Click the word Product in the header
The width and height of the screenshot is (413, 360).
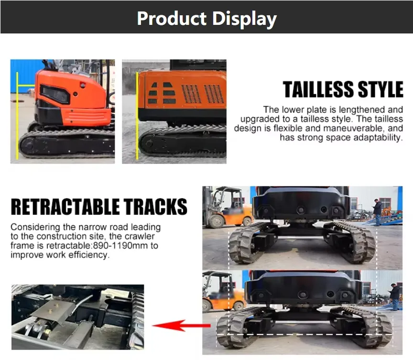[172, 19]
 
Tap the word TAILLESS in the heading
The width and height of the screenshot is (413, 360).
[318, 89]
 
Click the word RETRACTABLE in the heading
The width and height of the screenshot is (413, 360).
[65, 207]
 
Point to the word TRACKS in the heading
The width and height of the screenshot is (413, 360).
[155, 207]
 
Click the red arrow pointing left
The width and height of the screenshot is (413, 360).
[182, 326]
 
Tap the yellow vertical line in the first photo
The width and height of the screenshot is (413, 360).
[17, 116]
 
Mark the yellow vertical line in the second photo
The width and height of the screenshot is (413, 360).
[137, 116]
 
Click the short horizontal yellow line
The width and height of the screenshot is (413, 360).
[26, 86]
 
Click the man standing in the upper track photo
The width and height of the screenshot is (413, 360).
[377, 213]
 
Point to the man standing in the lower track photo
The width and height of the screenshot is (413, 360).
[394, 297]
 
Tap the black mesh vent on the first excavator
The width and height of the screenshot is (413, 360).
[55, 94]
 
